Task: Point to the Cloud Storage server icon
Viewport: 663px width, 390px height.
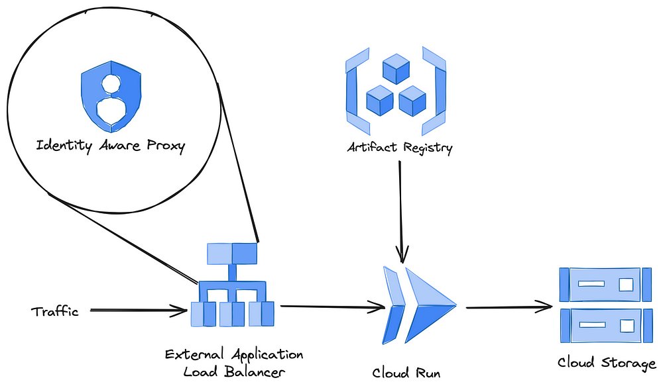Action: point(602,305)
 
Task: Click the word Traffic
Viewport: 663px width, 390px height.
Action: point(54,311)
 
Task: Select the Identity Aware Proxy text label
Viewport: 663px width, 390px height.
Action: point(110,146)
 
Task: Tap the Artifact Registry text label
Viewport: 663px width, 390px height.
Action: point(400,148)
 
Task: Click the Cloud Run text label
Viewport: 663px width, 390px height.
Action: point(406,373)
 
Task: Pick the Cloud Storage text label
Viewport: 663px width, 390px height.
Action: point(607,363)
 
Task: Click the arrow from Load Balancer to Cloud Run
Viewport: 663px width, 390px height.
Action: point(331,307)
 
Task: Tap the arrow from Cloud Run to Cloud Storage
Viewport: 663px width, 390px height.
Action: point(507,307)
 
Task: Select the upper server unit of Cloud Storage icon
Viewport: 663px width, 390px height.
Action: point(602,284)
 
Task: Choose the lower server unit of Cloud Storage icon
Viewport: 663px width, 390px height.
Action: point(602,325)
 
